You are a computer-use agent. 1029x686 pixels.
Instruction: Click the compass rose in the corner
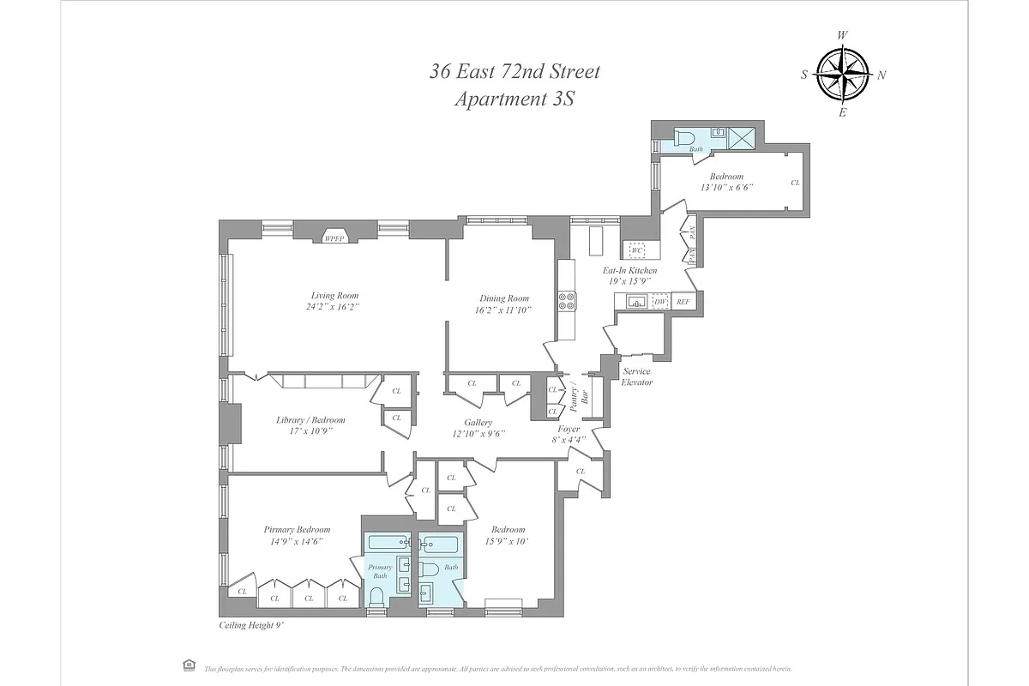point(843,74)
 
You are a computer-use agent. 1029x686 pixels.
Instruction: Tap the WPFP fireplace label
point(334,238)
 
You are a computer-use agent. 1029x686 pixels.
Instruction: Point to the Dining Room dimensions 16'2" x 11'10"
point(505,310)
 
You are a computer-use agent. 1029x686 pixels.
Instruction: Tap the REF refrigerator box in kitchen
point(683,302)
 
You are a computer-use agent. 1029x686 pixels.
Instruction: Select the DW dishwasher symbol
point(660,301)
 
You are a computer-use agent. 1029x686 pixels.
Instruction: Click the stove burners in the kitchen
point(567,301)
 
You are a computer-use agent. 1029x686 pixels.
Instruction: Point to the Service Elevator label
point(637,376)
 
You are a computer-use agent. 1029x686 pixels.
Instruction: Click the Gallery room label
point(478,423)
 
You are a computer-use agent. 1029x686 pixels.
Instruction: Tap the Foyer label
point(569,429)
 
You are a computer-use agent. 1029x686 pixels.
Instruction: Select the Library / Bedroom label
point(310,420)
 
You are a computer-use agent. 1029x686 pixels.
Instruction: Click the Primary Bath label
point(380,571)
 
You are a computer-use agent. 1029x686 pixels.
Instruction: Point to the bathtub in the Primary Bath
point(389,543)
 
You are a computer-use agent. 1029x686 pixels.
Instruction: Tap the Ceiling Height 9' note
point(251,627)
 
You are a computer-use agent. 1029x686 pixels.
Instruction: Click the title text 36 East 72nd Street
point(514,71)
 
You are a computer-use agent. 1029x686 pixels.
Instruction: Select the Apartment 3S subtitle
point(514,99)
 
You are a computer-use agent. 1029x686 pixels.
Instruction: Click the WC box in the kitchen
point(637,250)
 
